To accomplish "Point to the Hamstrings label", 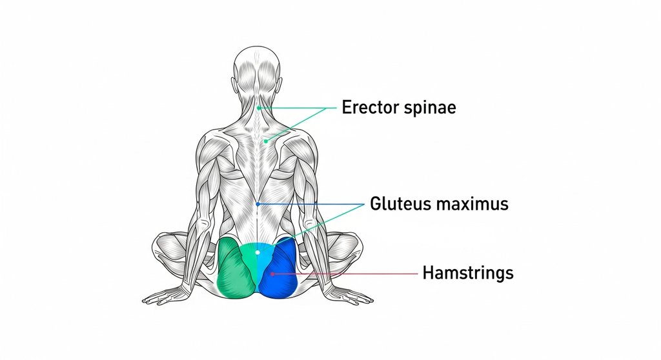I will (468, 273).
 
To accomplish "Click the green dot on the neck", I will (258, 108).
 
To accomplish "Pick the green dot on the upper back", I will (265, 140).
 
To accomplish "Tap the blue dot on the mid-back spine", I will (258, 204).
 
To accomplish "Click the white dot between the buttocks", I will (257, 254).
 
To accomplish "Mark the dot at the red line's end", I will (272, 274).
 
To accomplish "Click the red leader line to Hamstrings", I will (349, 274).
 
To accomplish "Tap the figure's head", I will (258, 68).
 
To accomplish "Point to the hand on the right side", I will (352, 297).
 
